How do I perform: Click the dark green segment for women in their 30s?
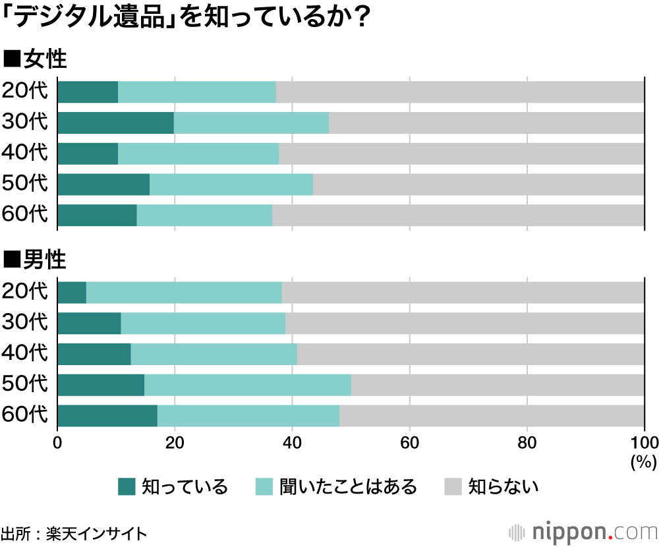(x=115, y=123)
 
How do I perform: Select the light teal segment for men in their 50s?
(x=247, y=385)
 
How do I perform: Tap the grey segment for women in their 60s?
(x=458, y=216)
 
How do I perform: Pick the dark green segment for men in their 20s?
(x=72, y=293)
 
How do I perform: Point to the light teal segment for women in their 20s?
(x=196, y=92)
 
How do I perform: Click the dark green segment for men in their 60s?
(x=107, y=416)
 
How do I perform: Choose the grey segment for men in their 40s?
(x=471, y=354)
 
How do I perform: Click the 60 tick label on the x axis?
(x=410, y=442)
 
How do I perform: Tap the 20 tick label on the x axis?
(x=175, y=442)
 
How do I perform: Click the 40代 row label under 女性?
(x=25, y=154)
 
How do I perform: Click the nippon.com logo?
(x=583, y=531)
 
